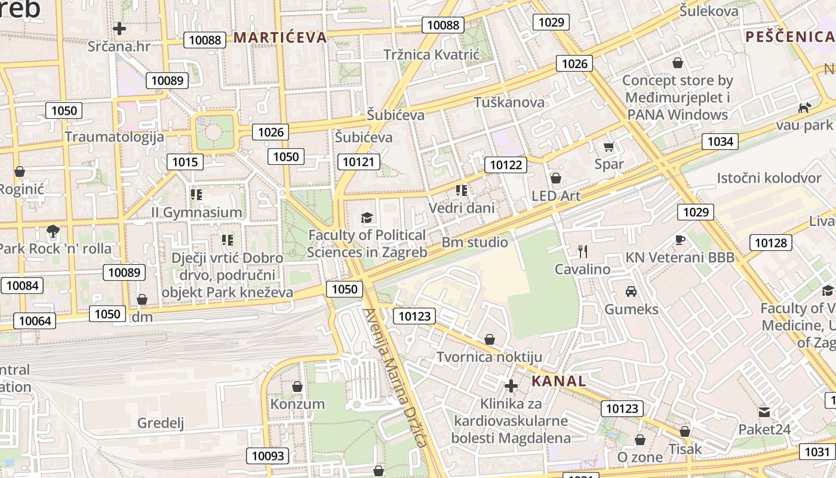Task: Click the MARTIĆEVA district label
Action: (280, 38)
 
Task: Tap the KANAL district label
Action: (558, 381)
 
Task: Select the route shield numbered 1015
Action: (185, 162)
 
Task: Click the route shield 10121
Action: (359, 162)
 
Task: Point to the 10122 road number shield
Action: (506, 165)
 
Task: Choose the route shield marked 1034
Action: (720, 142)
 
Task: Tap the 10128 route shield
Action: (771, 243)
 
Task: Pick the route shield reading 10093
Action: (268, 456)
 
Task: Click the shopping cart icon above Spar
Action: (608, 147)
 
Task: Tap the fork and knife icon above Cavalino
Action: (583, 252)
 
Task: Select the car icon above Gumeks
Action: (631, 292)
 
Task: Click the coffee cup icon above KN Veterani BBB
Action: (680, 240)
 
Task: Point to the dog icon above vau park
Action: (804, 108)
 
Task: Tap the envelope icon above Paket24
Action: (764, 412)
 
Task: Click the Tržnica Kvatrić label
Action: (432, 55)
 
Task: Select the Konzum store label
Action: (297, 404)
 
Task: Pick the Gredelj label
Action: (161, 423)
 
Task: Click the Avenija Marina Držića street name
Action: (395, 378)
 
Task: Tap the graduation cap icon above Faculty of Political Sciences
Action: (367, 218)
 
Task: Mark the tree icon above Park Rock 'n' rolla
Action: (53, 231)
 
